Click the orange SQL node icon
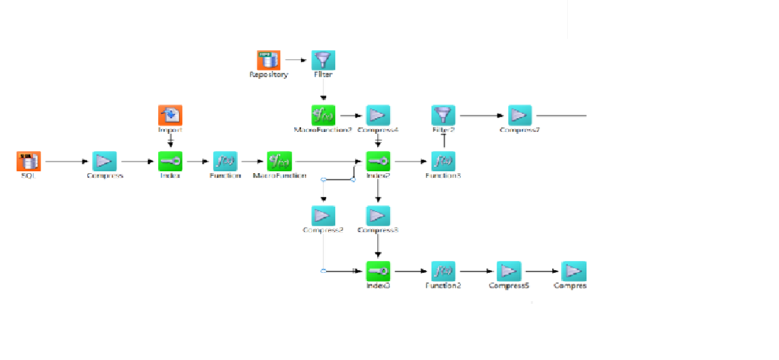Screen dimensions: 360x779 tap(28, 161)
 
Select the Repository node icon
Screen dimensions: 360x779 tap(269, 60)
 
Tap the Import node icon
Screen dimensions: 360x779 tap(171, 115)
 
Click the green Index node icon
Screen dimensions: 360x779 tap(171, 161)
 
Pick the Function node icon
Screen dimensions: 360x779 tap(225, 161)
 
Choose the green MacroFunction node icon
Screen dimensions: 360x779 tap(279, 161)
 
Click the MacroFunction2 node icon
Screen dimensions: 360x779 tap(323, 115)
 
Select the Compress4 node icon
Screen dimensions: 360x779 tap(378, 115)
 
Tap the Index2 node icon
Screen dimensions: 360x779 tap(378, 161)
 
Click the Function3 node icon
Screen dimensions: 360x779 tap(443, 161)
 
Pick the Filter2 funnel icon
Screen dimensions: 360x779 tap(443, 115)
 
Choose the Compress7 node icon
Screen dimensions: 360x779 tap(519, 115)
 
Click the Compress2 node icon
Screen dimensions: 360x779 tap(323, 215)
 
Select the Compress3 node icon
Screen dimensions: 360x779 tap(378, 215)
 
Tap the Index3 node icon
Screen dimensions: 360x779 tap(378, 271)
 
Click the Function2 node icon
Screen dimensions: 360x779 tap(443, 271)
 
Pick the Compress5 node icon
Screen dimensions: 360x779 tap(509, 271)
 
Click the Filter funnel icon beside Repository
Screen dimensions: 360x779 tap(323, 60)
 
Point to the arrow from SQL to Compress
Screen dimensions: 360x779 tap(65, 161)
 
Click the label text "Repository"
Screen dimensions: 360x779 tap(269, 74)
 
